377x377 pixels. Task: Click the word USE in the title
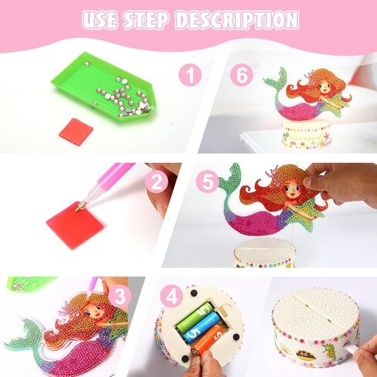pyautogui.click(x=100, y=20)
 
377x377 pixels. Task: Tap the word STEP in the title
pyautogui.click(x=146, y=20)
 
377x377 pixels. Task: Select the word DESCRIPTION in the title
pyautogui.click(x=236, y=20)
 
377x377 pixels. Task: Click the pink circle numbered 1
pyautogui.click(x=190, y=75)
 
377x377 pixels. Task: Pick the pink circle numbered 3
pyautogui.click(x=120, y=297)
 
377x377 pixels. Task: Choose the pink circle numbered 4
pyautogui.click(x=172, y=297)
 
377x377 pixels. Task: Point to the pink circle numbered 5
pyautogui.click(x=208, y=182)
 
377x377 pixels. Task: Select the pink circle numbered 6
pyautogui.click(x=242, y=75)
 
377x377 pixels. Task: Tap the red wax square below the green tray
pyautogui.click(x=75, y=129)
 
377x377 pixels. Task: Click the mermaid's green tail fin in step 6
pyautogui.click(x=276, y=80)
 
